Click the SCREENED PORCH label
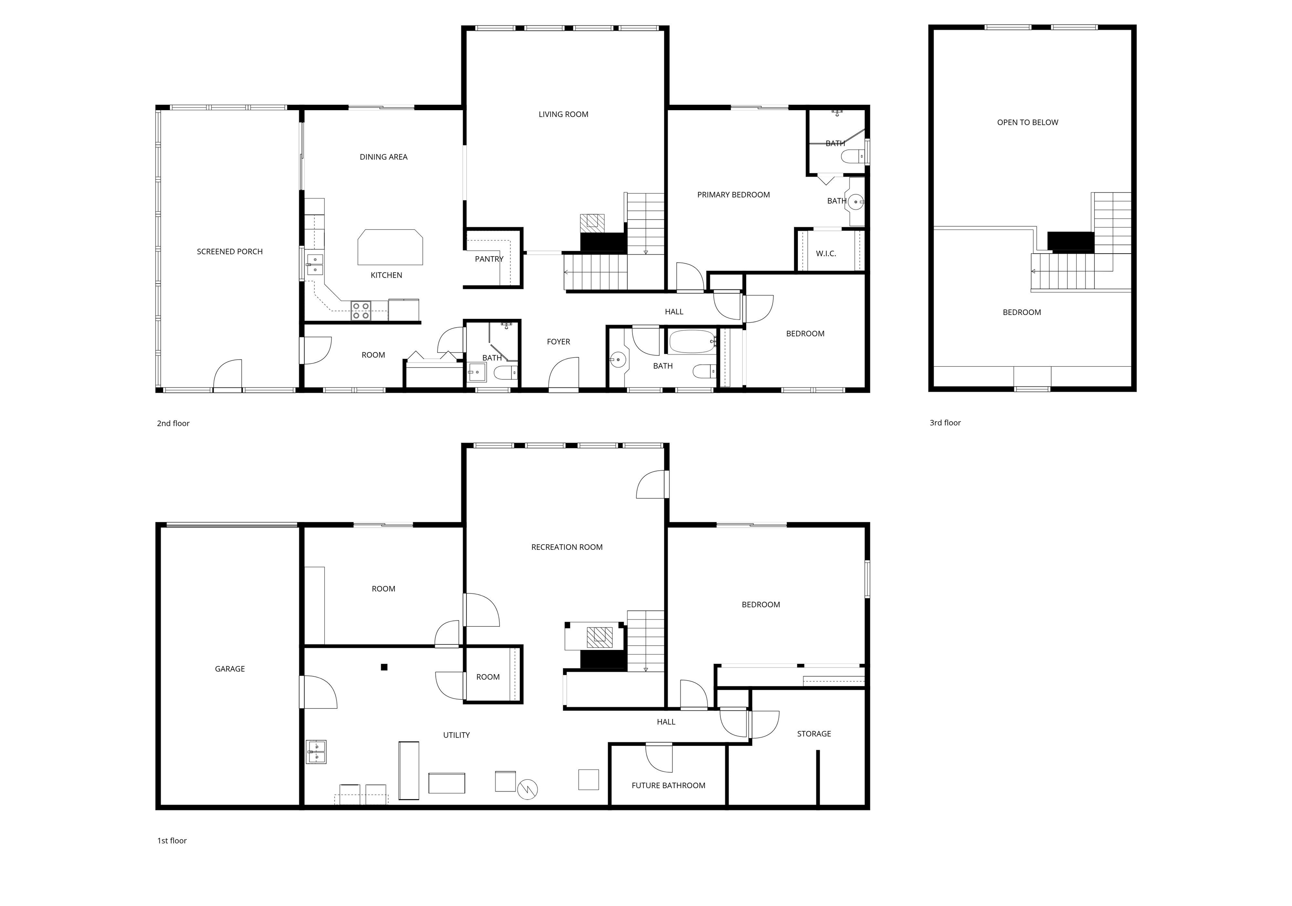230,252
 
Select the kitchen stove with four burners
361,311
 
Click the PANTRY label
489,259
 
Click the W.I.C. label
826,254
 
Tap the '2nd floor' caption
173,423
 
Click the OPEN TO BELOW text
1027,122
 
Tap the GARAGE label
230,668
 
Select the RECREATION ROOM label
567,547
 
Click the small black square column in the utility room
384,668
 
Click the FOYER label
558,342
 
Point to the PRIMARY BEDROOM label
733,195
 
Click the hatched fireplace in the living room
592,222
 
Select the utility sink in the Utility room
316,752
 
